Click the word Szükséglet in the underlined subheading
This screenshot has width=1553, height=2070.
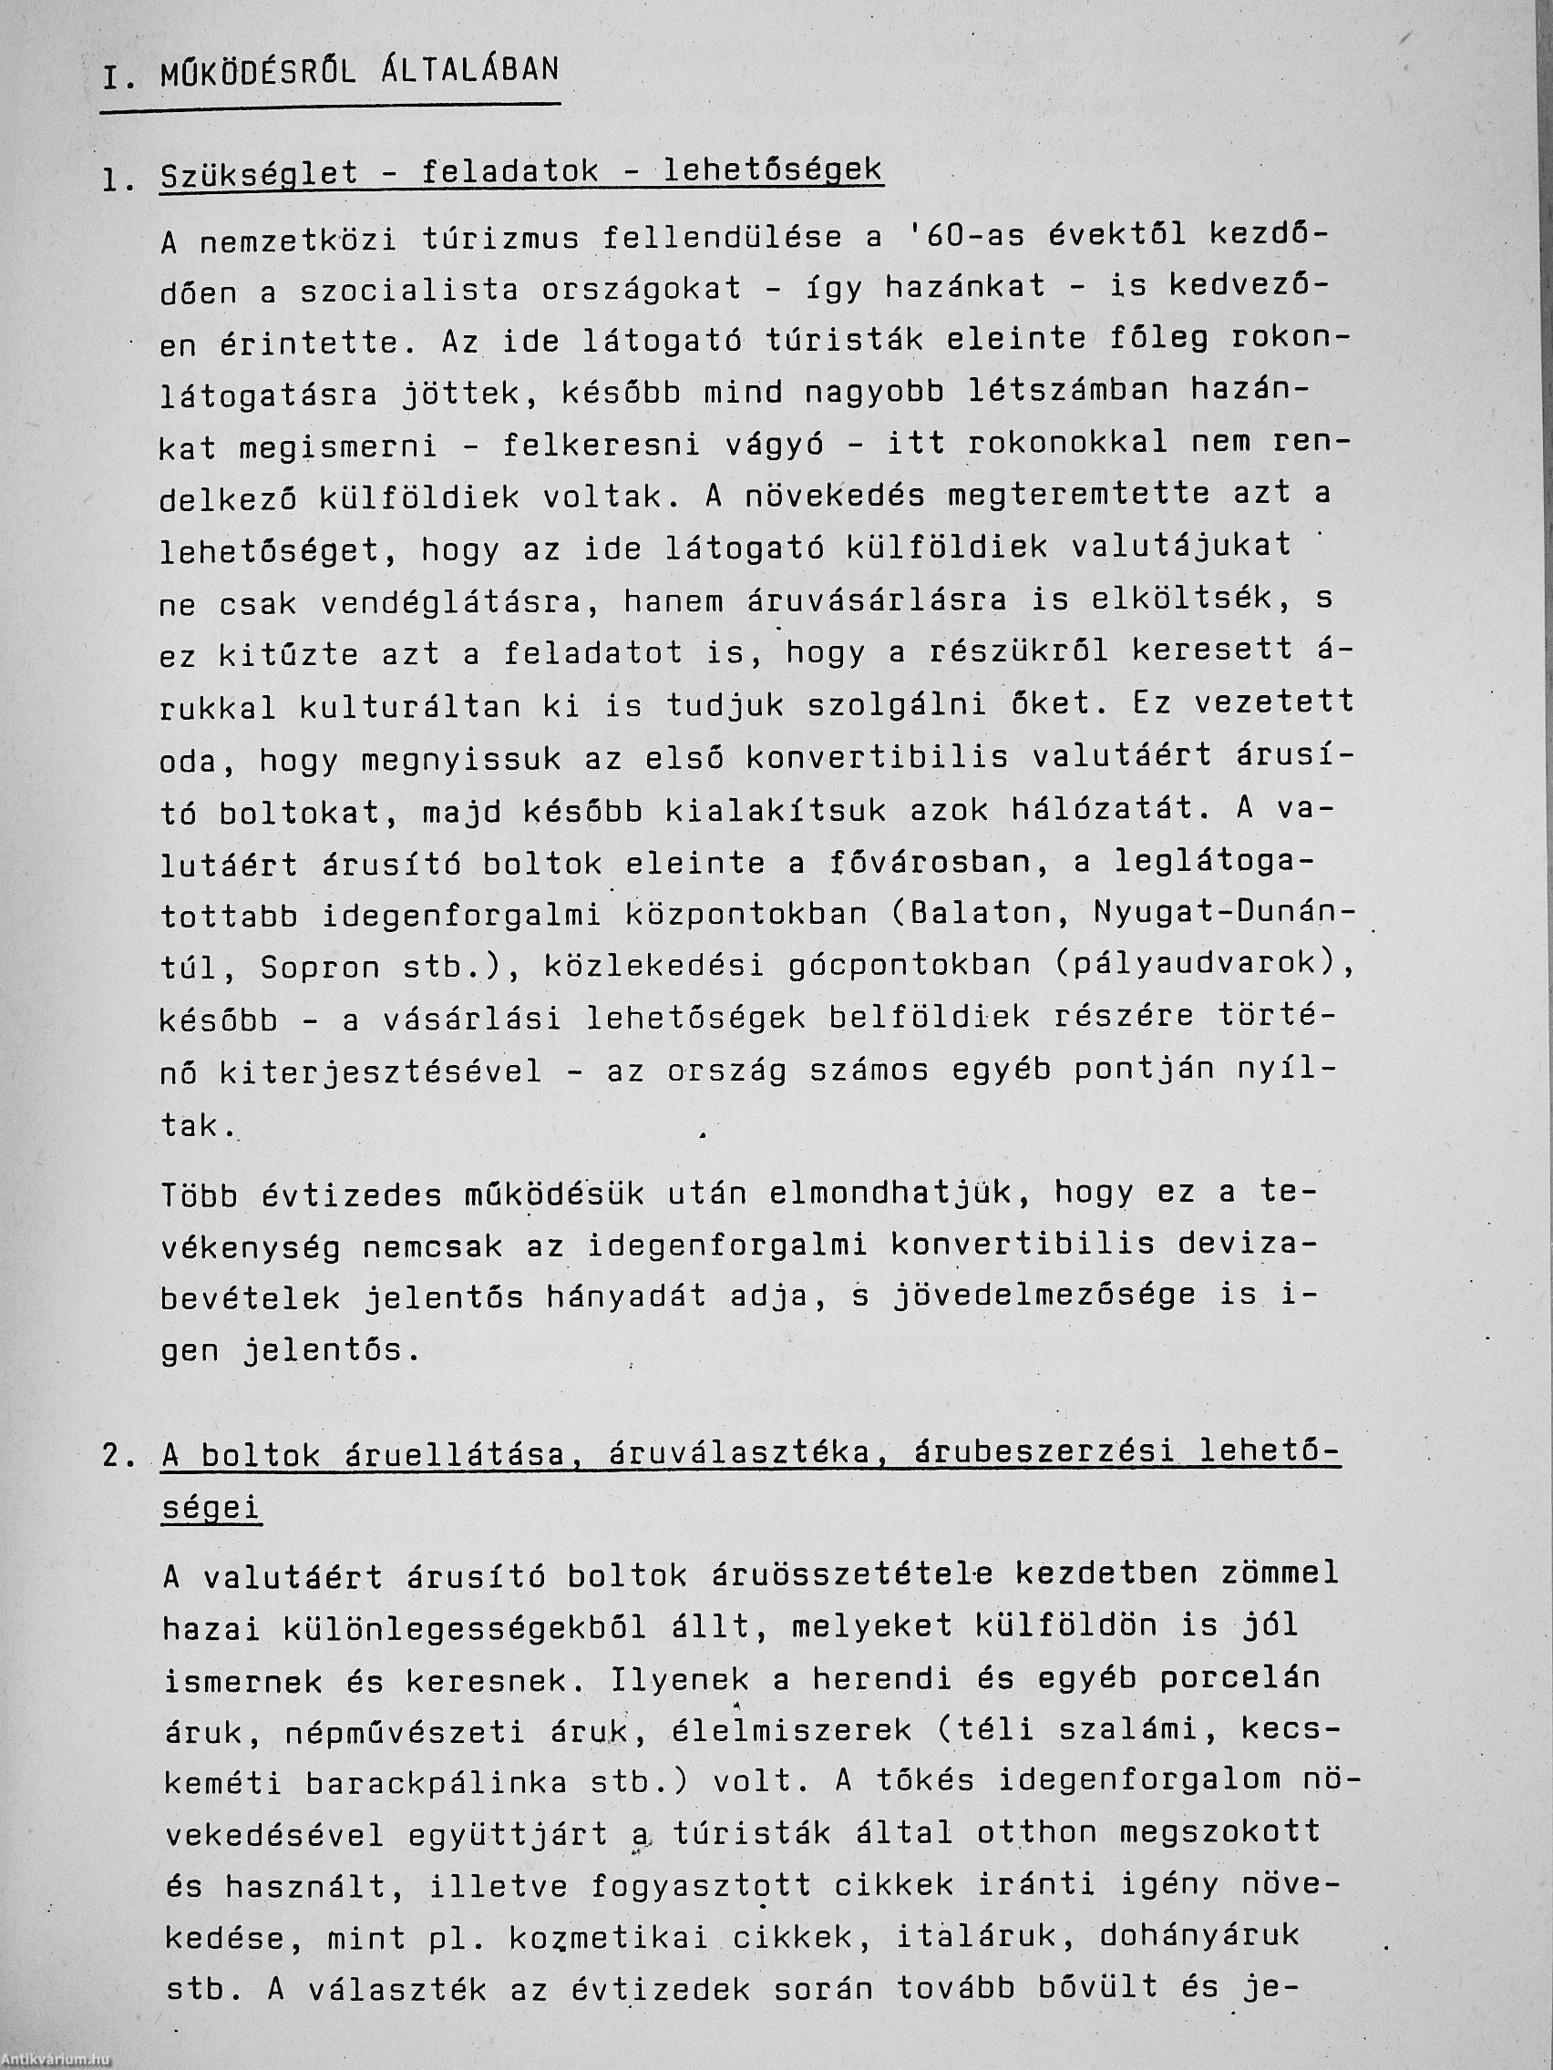click(x=260, y=174)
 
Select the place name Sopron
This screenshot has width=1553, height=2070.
click(x=319, y=967)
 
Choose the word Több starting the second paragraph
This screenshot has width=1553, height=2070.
click(x=199, y=1195)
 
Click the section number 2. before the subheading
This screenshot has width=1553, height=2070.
click(x=118, y=1457)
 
